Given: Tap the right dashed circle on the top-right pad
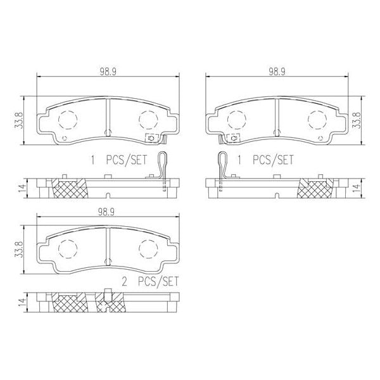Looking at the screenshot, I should [318, 118].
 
